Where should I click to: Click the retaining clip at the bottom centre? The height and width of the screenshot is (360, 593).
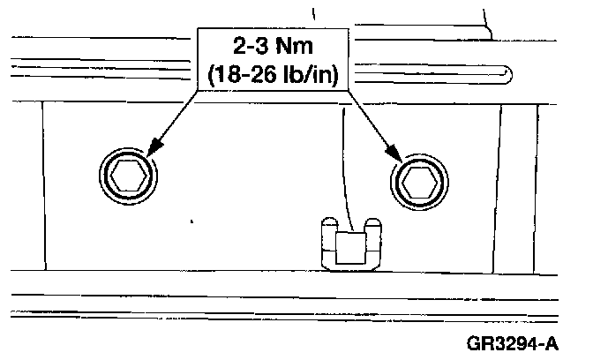(349, 244)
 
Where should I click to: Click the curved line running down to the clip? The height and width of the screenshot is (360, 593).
(345, 168)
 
